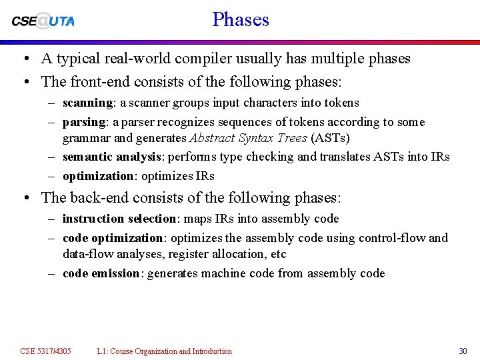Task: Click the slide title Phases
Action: [x=241, y=19]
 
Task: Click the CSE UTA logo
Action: [x=43, y=21]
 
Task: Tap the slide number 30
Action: [x=463, y=351]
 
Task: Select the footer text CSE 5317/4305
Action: [x=45, y=351]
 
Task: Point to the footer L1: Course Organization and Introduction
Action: [x=164, y=351]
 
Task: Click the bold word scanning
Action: [x=87, y=103]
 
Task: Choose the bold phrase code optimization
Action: [x=113, y=238]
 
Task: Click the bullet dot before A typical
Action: [x=24, y=59]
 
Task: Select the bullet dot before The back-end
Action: [x=24, y=198]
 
